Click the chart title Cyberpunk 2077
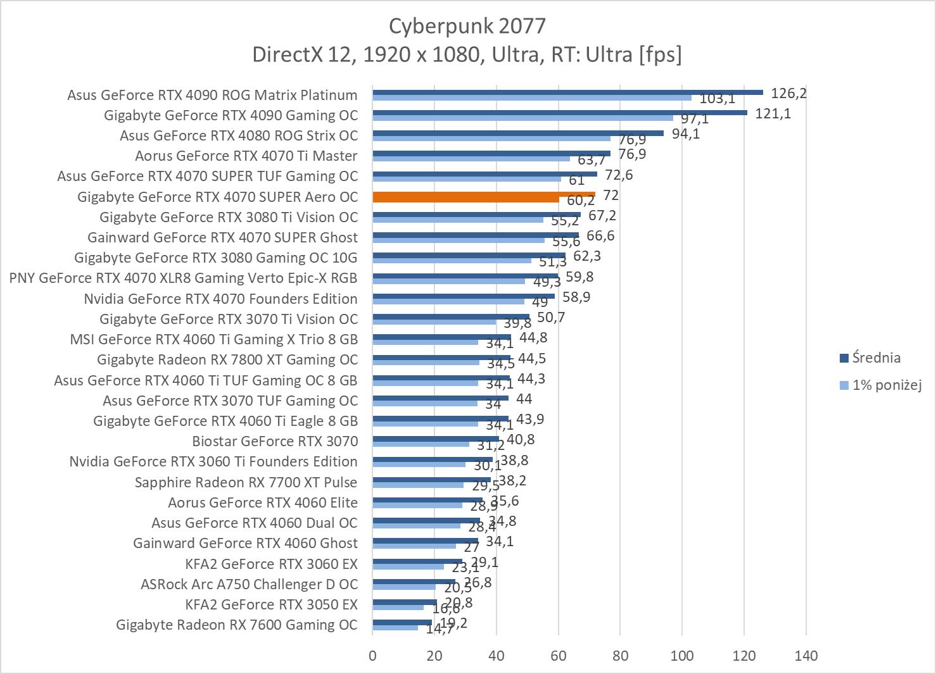[467, 26]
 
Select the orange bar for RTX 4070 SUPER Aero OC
[483, 197]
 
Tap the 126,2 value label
[788, 94]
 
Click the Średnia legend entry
[876, 358]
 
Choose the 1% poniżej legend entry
[886, 385]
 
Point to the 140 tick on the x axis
[806, 656]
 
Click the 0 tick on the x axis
[372, 656]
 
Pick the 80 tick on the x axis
[620, 656]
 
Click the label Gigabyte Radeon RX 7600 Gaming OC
[237, 625]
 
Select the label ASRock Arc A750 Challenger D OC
[249, 584]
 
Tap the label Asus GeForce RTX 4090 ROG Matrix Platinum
[212, 95]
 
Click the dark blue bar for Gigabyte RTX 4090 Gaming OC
[559, 113]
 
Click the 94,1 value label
[686, 134]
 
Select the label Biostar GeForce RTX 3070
[275, 441]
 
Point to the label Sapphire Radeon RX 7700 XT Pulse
[246, 482]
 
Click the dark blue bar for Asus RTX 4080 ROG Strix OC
[517, 133]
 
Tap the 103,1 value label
[718, 99]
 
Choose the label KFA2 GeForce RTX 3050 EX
[271, 604]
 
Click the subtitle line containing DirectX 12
[467, 55]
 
